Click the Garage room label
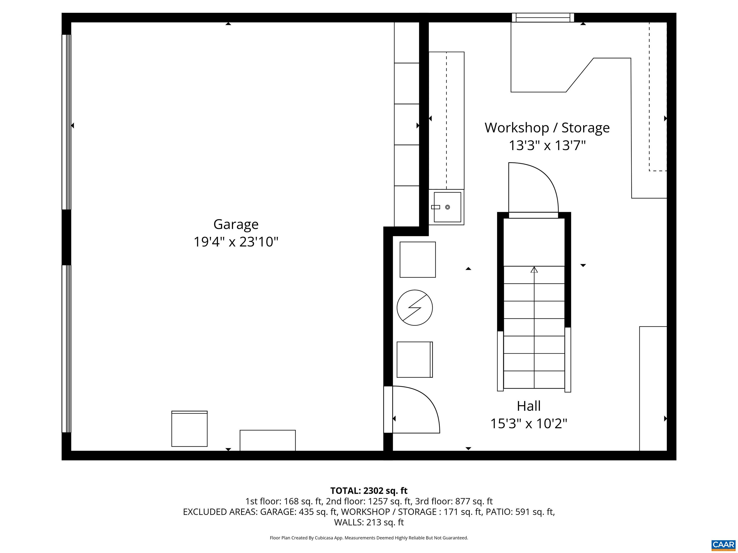coord(236,224)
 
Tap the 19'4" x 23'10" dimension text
coord(236,242)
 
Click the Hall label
coord(529,406)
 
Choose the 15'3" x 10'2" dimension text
coord(529,424)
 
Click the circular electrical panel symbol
coord(414,307)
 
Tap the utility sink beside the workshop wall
coord(447,207)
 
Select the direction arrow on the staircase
coord(534,270)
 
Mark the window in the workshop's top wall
coord(543,18)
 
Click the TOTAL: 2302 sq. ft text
coord(369,491)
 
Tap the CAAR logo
coord(723,545)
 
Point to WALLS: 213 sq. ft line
coord(369,522)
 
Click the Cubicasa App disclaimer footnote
coord(369,538)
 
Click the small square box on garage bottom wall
coord(189,429)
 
